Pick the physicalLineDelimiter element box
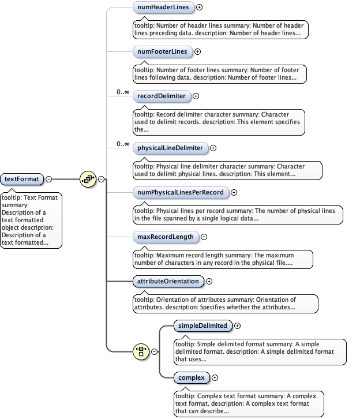coord(170,148)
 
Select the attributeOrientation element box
coord(168,281)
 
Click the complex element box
coord(192,377)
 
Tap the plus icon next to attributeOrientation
coord(209,281)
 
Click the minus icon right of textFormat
coord(48,179)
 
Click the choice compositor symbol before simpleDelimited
coord(141,351)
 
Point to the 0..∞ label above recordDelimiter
coord(123,92)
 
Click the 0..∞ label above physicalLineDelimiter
coord(123,144)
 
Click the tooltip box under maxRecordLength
coord(222,259)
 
